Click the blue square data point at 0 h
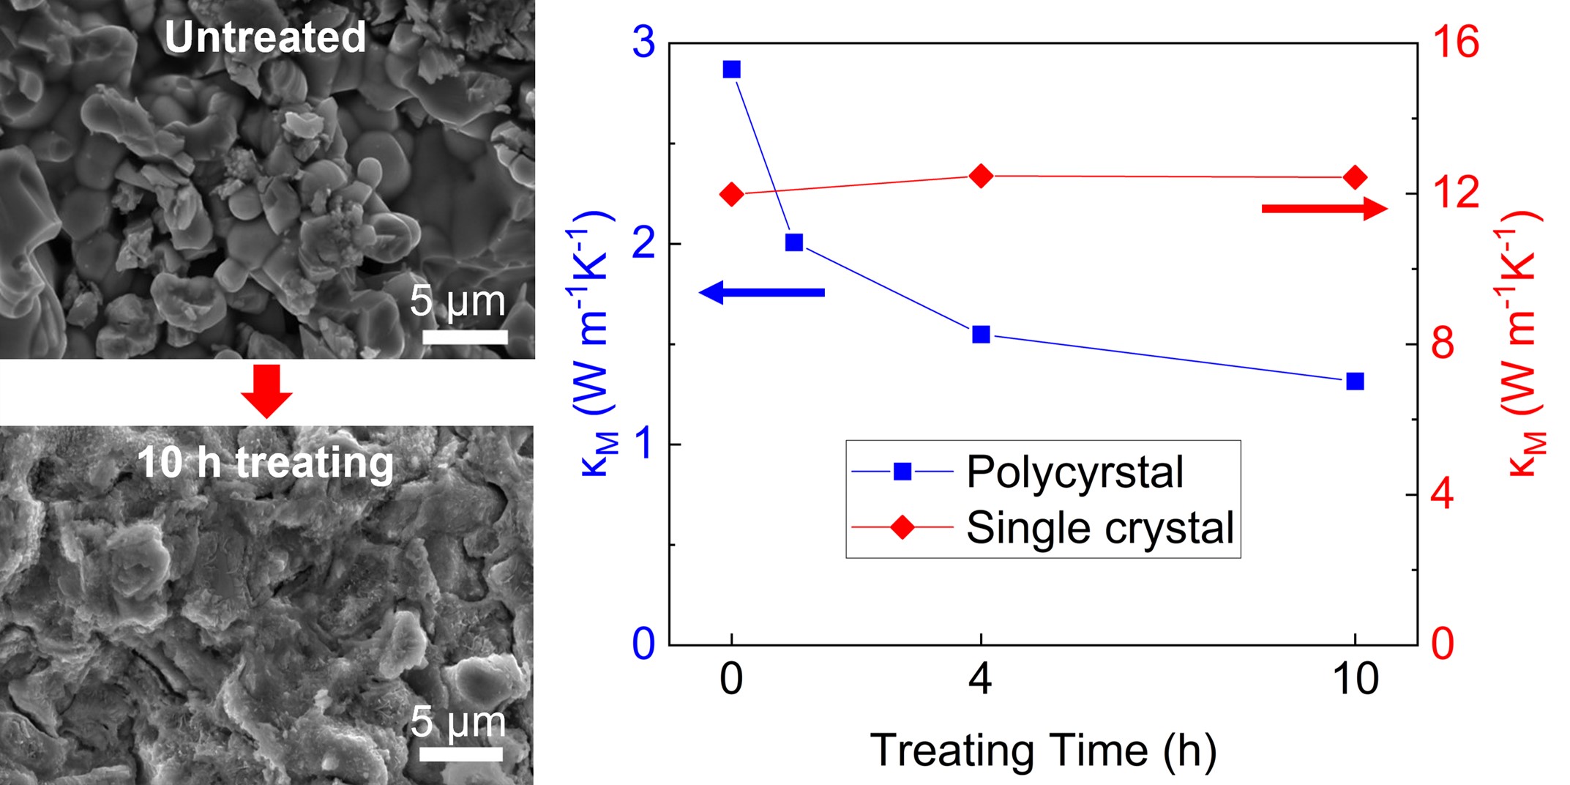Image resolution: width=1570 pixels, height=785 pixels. [x=731, y=70]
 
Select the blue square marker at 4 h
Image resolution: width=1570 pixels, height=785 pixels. [x=981, y=335]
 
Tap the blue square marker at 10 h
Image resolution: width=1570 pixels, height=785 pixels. [x=1355, y=381]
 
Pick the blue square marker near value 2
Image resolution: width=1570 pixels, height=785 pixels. [x=794, y=242]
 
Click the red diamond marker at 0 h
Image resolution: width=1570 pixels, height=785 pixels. [x=731, y=194]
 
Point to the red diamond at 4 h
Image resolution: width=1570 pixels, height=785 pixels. [x=981, y=176]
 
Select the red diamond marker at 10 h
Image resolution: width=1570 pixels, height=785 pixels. [x=1355, y=177]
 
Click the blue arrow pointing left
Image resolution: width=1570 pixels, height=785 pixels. [x=762, y=292]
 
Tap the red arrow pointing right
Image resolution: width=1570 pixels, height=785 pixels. [x=1324, y=209]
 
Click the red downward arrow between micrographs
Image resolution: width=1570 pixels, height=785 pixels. [x=266, y=391]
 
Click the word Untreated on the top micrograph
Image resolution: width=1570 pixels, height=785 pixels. [x=265, y=37]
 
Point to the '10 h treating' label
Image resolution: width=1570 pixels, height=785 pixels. [x=265, y=463]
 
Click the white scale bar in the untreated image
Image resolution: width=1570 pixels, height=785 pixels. [x=465, y=337]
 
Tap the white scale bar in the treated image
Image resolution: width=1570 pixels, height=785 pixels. [x=461, y=754]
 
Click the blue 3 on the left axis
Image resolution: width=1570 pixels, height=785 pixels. [x=643, y=42]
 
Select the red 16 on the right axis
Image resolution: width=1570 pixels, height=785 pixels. [x=1456, y=42]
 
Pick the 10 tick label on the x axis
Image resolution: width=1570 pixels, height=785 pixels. [x=1356, y=679]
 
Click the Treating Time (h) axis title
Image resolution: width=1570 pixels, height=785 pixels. [x=1043, y=751]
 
